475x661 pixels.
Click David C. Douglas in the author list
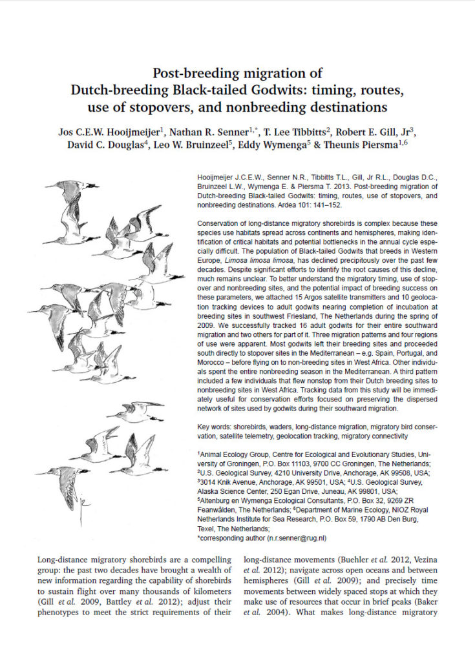(x=101, y=144)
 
